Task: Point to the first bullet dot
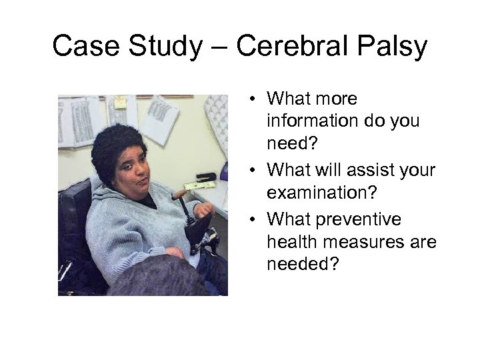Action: click(256, 99)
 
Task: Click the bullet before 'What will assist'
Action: click(256, 171)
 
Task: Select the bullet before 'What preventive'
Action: click(256, 220)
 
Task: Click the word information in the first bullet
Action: click(307, 122)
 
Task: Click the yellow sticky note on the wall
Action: click(121, 102)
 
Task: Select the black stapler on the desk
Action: click(205, 177)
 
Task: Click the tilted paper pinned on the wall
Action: click(160, 118)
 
